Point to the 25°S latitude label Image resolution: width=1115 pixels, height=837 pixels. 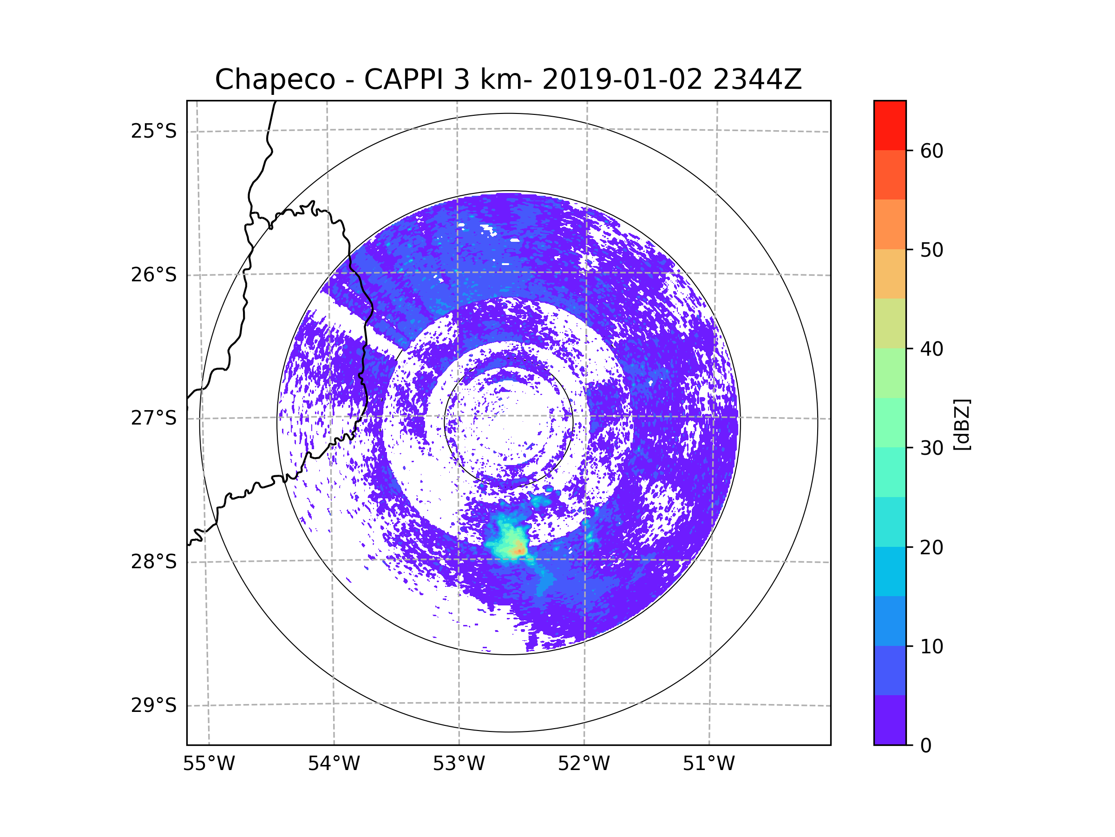pyautogui.click(x=154, y=131)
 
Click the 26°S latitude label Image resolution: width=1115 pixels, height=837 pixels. pyautogui.click(x=154, y=275)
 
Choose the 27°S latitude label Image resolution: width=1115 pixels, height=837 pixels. pyautogui.click(x=154, y=418)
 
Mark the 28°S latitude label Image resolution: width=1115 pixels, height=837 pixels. pyautogui.click(x=154, y=562)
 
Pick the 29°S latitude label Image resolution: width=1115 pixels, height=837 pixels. pyautogui.click(x=154, y=705)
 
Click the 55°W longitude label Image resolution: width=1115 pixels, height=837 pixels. pyautogui.click(x=209, y=764)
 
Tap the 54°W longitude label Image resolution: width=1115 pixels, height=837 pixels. pyautogui.click(x=334, y=764)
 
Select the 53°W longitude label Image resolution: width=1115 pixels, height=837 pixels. pyautogui.click(x=459, y=764)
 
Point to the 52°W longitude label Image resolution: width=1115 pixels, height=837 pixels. pyautogui.click(x=584, y=764)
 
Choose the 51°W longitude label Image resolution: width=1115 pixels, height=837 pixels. pyautogui.click(x=708, y=764)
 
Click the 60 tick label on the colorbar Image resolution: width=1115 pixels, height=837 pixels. pyautogui.click(x=931, y=151)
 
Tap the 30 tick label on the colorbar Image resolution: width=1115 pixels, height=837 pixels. pyautogui.click(x=931, y=448)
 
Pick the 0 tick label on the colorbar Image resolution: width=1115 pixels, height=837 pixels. pyautogui.click(x=926, y=746)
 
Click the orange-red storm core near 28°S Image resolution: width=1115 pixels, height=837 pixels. pyautogui.click(x=518, y=551)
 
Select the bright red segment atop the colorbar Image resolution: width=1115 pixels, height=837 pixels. pyautogui.click(x=890, y=125)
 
